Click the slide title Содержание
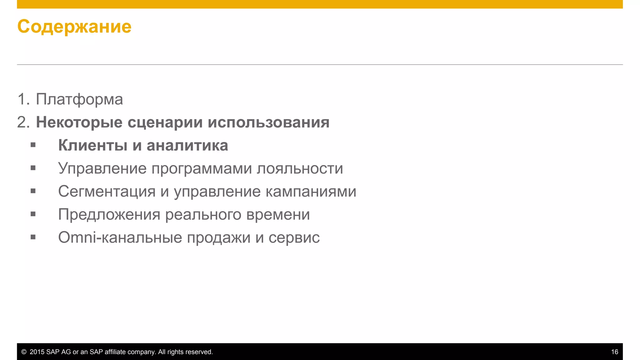coord(74,27)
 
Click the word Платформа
coord(79,99)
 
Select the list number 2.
coord(23,122)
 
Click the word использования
coord(268,122)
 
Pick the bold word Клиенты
coord(93,145)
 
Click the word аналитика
coord(187,146)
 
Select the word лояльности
coord(300,168)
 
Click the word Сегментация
coord(107,191)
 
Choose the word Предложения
coord(109,215)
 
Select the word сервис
coord(294,238)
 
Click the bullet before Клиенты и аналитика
coord(33,145)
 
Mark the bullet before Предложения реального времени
coord(33,214)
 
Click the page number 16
coord(614,352)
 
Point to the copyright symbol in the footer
coord(24,352)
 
